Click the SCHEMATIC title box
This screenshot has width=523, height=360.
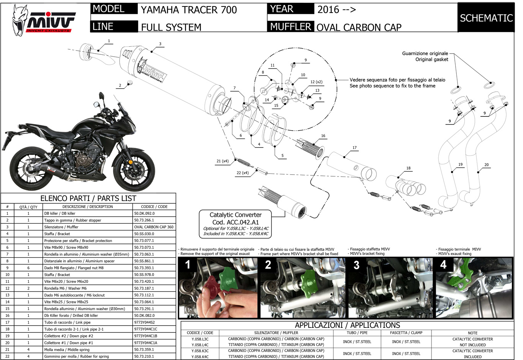(x=486, y=18)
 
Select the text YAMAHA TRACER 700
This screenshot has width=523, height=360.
(x=189, y=10)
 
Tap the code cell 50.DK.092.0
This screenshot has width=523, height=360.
(x=144, y=213)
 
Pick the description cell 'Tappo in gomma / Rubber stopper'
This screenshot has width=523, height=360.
(x=73, y=220)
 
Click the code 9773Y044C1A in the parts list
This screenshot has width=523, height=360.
(x=145, y=343)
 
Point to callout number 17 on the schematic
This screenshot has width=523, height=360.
(x=355, y=147)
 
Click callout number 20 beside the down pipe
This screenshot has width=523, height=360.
(x=486, y=165)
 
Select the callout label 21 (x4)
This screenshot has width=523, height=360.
(x=222, y=161)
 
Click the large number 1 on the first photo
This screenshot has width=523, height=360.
(x=188, y=265)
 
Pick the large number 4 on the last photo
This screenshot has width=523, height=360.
(x=443, y=265)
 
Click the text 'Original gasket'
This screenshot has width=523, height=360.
(x=431, y=59)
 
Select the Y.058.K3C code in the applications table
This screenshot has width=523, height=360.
(x=200, y=351)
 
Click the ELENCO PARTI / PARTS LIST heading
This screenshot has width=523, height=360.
(x=88, y=198)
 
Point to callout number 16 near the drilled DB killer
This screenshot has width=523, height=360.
(x=323, y=136)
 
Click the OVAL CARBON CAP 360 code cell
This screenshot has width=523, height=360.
(x=154, y=227)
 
